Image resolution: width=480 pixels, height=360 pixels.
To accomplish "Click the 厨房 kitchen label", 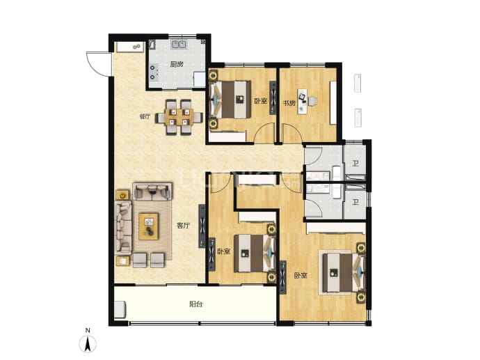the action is click(177, 64).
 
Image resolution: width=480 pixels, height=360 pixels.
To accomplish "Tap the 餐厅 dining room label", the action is click(145, 116).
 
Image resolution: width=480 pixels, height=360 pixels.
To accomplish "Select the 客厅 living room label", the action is click(184, 226).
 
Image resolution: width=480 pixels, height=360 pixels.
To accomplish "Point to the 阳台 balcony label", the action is click(196, 304).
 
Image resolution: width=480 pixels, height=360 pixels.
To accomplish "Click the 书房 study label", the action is click(289, 103).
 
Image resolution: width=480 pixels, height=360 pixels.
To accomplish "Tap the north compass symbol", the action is click(88, 341).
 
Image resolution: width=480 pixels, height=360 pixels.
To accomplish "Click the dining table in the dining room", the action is click(179, 117).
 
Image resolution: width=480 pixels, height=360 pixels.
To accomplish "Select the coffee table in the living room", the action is click(148, 226).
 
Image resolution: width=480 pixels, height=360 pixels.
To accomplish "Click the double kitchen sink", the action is click(179, 45).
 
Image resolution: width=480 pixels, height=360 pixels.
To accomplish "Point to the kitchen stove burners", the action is click(154, 72).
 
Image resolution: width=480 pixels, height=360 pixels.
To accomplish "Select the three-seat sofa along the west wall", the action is click(123, 227).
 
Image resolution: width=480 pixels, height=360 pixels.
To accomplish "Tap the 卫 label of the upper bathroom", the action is click(355, 163).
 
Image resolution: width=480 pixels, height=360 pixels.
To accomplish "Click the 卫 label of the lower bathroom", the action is click(355, 202).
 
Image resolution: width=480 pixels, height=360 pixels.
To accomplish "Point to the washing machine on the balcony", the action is click(120, 310).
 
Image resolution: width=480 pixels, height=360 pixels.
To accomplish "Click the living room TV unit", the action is click(202, 226).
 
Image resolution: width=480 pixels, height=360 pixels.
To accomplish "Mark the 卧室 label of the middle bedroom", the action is click(224, 251).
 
